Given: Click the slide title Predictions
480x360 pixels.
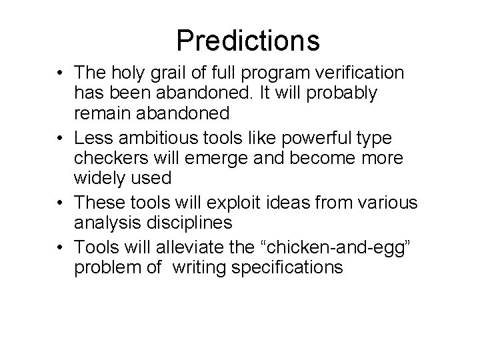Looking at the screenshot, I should point(248,41).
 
